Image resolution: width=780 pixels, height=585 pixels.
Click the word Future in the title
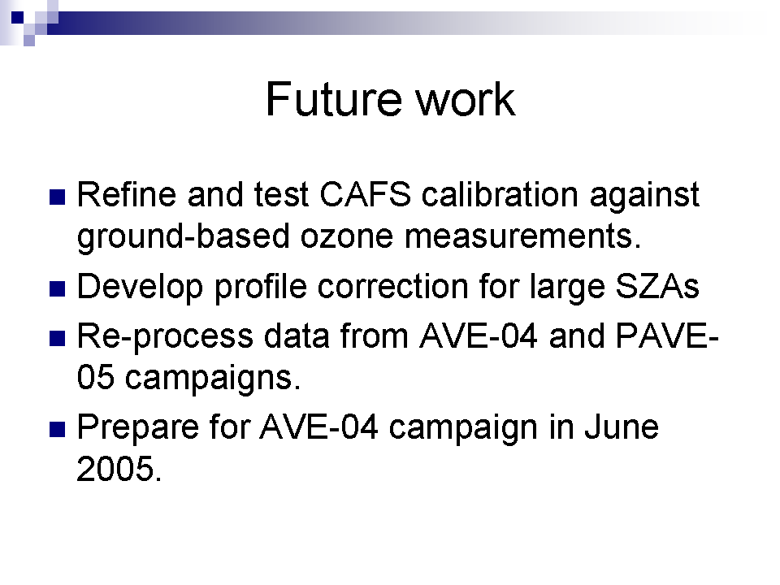[333, 99]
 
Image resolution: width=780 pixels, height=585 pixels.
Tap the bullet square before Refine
[58, 197]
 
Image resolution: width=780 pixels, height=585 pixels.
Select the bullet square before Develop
[58, 289]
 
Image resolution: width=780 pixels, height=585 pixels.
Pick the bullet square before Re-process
[58, 338]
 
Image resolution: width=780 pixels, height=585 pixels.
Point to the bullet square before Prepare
[58, 429]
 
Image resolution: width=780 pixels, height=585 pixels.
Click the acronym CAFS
[365, 194]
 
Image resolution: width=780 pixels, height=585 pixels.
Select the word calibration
[500, 194]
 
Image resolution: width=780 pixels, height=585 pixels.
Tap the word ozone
[347, 236]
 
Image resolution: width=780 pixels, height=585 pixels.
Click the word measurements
[522, 236]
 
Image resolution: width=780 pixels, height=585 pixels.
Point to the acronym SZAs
[657, 287]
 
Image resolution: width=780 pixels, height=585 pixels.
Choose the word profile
[260, 288]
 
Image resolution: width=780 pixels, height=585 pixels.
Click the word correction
[392, 287]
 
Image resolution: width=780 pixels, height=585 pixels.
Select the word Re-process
[165, 336]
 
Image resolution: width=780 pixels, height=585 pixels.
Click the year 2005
[119, 469]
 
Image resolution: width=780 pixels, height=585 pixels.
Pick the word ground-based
[183, 236]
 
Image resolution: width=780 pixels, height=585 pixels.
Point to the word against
[644, 195]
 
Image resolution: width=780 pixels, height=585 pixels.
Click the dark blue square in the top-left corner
[17, 17]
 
